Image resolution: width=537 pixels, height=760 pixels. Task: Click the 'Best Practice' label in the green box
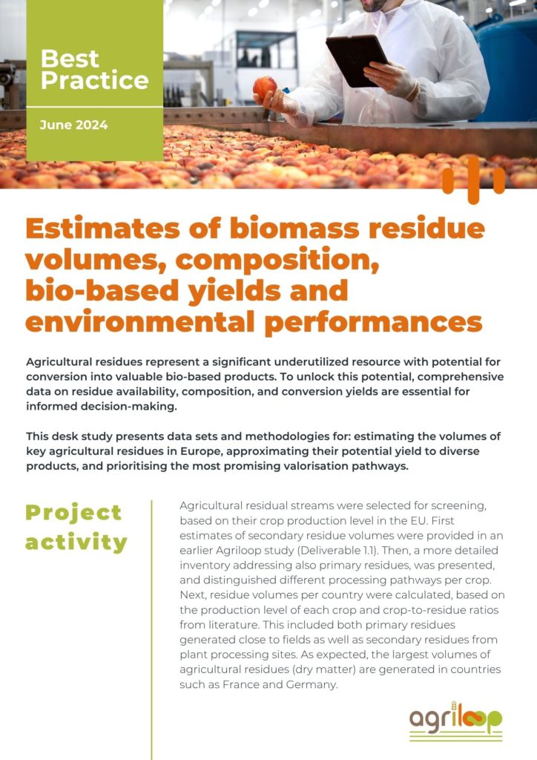pos(94,69)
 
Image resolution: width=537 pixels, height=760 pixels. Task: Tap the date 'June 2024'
pos(73,125)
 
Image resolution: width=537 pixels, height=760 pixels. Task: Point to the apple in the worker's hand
pos(265,88)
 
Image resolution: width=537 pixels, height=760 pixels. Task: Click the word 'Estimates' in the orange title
pos(102,228)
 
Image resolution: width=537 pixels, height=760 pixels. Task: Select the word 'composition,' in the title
pos(277,260)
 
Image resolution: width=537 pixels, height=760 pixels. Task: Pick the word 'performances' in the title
pos(373,323)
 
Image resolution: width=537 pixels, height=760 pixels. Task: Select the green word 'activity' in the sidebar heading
pos(76,543)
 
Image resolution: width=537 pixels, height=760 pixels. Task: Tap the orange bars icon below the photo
pos(473,180)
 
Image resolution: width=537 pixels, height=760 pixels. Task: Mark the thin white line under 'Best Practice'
pos(94,107)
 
